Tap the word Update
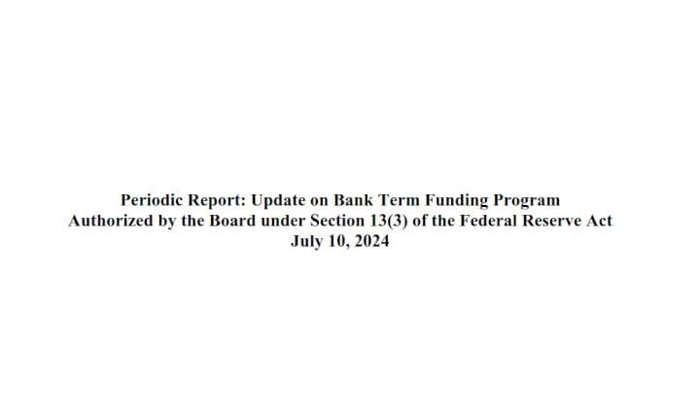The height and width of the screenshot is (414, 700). [x=278, y=201]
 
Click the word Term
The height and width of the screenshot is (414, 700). [x=400, y=200]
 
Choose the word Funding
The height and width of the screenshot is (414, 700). [x=457, y=201]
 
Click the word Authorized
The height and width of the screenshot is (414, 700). [x=110, y=221]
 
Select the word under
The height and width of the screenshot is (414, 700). [x=283, y=221]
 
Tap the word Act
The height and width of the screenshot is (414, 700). [x=599, y=221]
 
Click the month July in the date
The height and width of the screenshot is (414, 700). [x=307, y=242]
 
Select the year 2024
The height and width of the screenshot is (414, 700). [x=371, y=241]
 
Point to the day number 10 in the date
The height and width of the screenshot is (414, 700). [x=339, y=242]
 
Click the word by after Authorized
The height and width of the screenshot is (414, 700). [x=167, y=222]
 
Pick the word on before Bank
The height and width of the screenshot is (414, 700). [x=319, y=201]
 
